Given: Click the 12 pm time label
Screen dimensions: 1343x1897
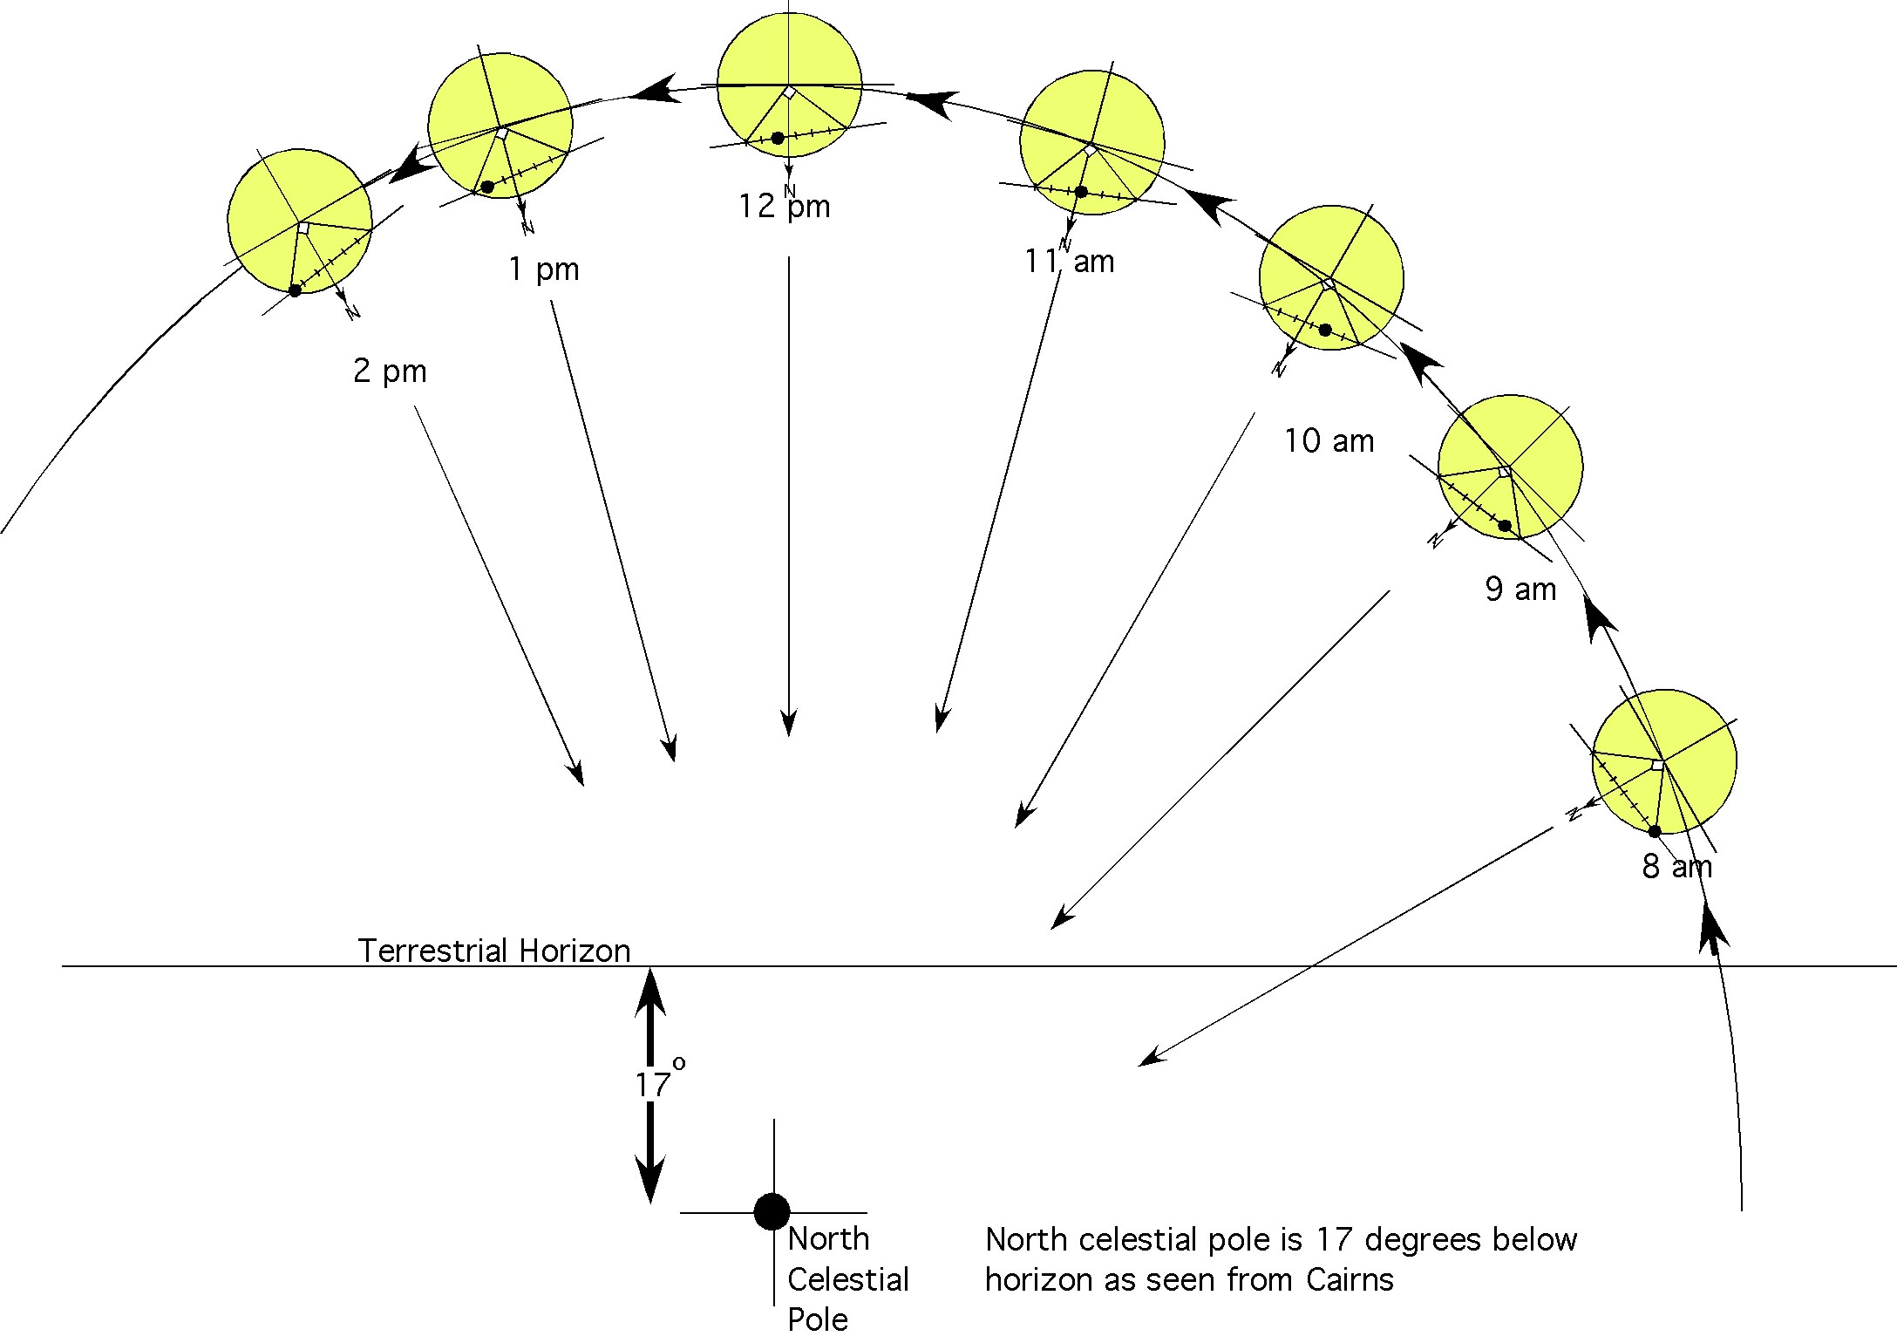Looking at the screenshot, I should point(785,207).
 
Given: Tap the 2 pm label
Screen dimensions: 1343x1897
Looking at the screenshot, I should point(390,372).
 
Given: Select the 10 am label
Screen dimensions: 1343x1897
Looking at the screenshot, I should point(1329,441).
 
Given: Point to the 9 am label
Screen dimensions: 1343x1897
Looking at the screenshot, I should point(1520,590).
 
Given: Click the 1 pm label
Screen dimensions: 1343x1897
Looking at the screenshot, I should point(543,269).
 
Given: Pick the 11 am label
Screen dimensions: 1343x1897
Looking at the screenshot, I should point(1070,262).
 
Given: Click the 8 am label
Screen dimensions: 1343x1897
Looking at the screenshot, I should point(1676,867).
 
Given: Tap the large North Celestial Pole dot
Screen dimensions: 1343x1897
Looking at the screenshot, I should point(772,1211).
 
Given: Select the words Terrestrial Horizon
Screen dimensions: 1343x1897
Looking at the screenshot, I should point(493,951).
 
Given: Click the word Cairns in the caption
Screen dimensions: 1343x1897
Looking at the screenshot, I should point(1350,1279).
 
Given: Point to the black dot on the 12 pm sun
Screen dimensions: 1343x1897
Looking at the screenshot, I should point(778,138).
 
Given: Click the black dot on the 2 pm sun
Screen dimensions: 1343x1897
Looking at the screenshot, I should point(295,290).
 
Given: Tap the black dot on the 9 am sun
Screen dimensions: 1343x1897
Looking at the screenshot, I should point(1504,526).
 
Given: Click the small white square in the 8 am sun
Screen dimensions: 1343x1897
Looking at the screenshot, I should point(1657,765).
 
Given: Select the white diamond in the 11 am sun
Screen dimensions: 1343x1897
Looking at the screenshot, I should point(1090,151).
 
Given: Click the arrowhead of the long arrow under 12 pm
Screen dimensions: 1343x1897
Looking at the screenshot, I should point(789,724).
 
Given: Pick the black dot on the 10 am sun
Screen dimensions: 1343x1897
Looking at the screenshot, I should point(1325,330).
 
